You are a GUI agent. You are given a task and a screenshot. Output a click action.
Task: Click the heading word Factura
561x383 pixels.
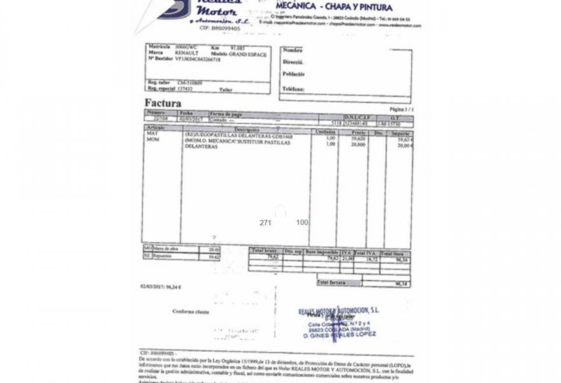[x=163, y=103]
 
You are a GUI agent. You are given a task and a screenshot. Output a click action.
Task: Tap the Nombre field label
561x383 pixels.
[x=292, y=50]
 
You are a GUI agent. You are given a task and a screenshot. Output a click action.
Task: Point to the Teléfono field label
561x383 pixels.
[x=293, y=89]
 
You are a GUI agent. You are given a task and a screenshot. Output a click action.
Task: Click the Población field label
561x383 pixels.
[x=294, y=74]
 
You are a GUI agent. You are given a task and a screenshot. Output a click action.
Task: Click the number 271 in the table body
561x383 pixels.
[x=265, y=223]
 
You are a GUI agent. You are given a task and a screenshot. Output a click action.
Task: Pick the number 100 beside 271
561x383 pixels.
[x=302, y=223]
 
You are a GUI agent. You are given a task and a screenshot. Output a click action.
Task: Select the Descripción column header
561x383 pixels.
[x=246, y=130]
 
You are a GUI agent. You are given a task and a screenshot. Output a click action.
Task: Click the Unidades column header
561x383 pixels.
[x=326, y=132]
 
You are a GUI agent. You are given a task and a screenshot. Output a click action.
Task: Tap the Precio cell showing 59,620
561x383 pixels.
[x=358, y=139]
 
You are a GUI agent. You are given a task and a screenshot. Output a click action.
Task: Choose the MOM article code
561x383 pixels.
[x=153, y=139]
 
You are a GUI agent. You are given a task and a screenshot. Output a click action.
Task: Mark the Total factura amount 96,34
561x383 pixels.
[x=401, y=283]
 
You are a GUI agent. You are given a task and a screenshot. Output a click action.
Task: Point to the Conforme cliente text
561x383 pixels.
[x=191, y=312]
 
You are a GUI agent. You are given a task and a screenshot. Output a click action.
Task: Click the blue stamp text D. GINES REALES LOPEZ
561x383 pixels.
[x=339, y=334]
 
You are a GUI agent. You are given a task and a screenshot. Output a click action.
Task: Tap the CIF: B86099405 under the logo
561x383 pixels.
[x=219, y=28]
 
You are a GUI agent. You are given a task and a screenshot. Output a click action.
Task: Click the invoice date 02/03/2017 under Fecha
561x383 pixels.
[x=191, y=119]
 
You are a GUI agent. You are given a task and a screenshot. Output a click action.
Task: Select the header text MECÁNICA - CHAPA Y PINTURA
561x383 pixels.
[x=334, y=7]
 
